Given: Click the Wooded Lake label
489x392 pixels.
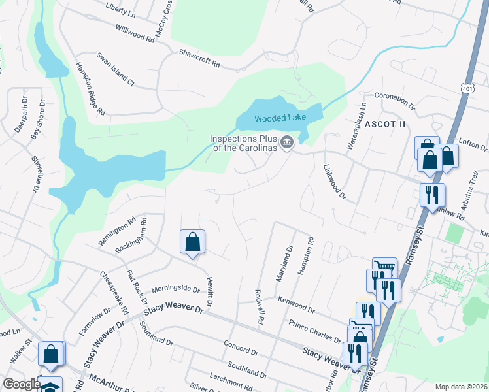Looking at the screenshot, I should tap(279, 119).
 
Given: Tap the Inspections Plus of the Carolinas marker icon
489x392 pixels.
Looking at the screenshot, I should tap(286, 142).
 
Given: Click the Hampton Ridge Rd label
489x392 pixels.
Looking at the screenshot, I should tap(90, 89).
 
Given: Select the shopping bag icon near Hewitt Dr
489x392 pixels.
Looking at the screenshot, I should tap(193, 242).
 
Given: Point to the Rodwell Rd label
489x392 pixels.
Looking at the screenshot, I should tap(259, 308).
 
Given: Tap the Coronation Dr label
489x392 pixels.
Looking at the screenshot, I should tap(395, 100).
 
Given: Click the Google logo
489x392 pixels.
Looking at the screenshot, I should tap(22, 384).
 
